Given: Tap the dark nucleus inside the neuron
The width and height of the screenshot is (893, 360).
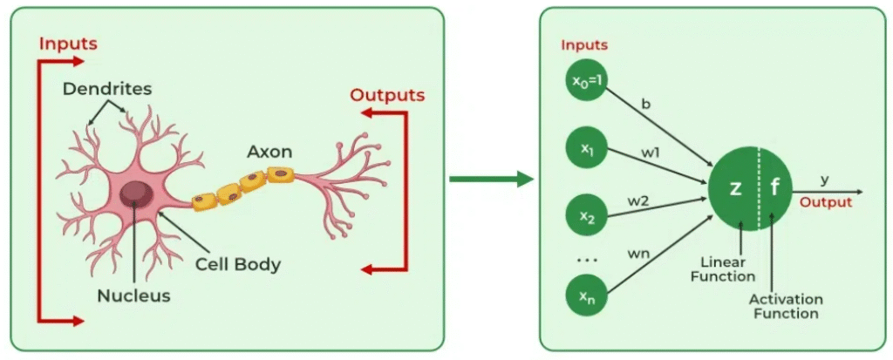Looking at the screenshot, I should [x=134, y=193].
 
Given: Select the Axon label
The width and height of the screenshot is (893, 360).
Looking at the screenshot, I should [x=269, y=152].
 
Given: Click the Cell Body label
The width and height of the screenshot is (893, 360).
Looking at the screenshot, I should [x=238, y=262].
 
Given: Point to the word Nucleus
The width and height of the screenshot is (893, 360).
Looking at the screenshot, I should [x=133, y=295].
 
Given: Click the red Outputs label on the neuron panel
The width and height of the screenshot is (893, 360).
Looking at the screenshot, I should [x=387, y=95].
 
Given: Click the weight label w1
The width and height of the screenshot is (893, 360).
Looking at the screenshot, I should [x=650, y=153].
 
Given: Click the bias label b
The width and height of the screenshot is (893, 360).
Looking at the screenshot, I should [x=646, y=105].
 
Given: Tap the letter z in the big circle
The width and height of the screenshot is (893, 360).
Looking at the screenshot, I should [x=734, y=189].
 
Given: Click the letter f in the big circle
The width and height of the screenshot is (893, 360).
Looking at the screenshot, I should [x=774, y=189].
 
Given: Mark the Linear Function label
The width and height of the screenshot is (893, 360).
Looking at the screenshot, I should [x=723, y=269].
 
